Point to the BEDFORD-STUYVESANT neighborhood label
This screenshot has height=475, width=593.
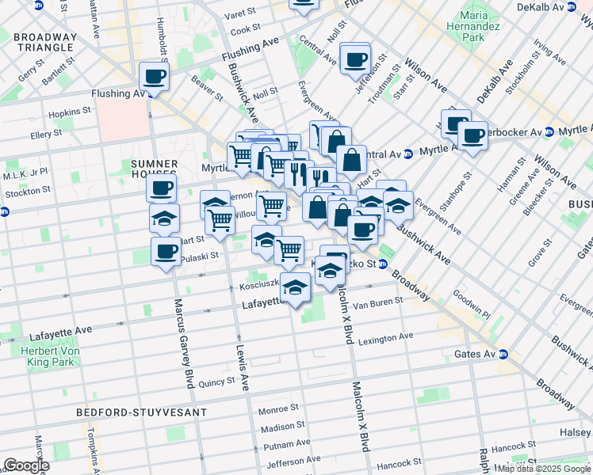[142, 412]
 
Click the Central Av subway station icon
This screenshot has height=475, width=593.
[407, 154]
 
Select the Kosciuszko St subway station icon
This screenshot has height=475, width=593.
[382, 265]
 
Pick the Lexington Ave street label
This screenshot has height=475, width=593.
[385, 336]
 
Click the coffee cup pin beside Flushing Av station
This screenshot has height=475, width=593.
[155, 77]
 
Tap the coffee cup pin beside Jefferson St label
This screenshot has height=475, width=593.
[354, 58]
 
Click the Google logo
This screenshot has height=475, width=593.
[26, 465]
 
